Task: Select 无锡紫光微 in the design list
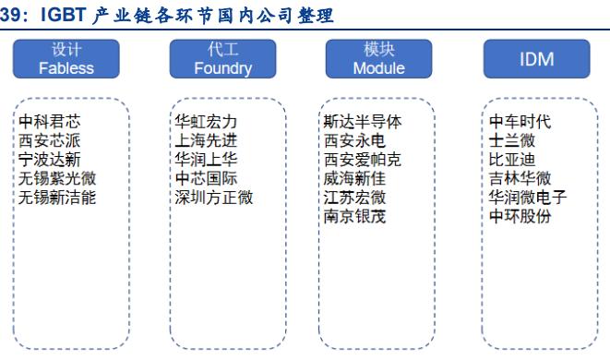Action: coord(57,178)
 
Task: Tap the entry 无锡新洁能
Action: coord(57,198)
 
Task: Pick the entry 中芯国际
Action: coord(207,178)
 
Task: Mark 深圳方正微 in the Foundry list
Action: coord(214,198)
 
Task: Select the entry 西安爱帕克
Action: coord(363,159)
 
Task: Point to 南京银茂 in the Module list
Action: coord(355,217)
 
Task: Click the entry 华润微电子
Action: coord(528,198)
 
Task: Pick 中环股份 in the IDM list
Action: coord(520,217)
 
